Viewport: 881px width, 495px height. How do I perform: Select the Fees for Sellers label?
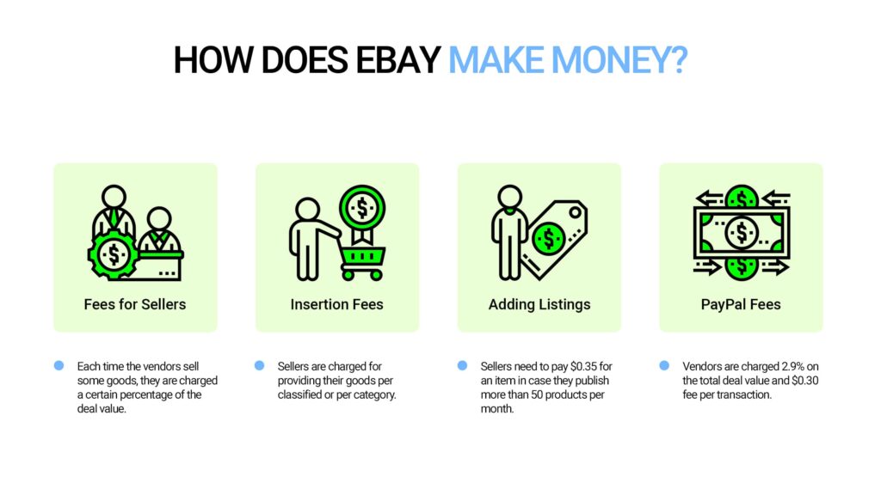(135, 304)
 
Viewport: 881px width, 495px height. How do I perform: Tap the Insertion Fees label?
(336, 304)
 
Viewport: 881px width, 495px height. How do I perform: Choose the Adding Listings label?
(539, 304)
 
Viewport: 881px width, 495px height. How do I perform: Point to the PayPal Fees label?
(741, 304)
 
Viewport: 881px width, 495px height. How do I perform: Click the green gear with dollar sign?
(112, 254)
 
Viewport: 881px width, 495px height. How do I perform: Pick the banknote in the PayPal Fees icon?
(741, 231)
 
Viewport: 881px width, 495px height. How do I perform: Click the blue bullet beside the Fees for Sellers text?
(59, 365)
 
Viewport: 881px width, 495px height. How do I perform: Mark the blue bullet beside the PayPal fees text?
(664, 365)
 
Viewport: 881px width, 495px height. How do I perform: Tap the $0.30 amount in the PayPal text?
(796, 381)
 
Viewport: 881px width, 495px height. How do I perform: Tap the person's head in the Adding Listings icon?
(510, 197)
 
